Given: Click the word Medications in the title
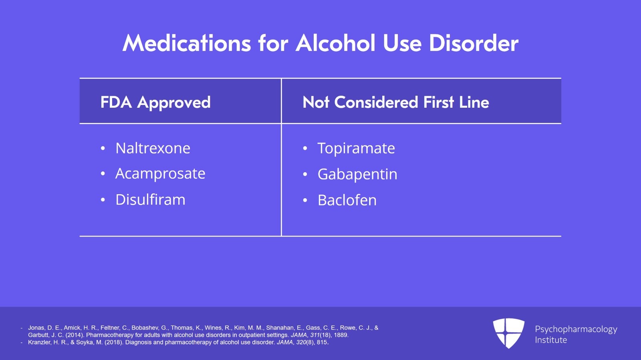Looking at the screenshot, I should [x=187, y=43].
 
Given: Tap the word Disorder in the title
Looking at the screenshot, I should [x=474, y=43].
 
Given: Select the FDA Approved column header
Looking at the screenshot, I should [x=155, y=103].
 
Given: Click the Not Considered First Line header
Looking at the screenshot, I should [x=396, y=103].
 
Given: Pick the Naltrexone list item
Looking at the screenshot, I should [x=153, y=148].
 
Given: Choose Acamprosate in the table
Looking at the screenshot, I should [x=160, y=174].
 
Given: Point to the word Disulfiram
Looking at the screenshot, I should [x=150, y=199].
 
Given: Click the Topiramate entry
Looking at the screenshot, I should [x=356, y=149].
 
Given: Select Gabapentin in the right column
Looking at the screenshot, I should [x=357, y=175].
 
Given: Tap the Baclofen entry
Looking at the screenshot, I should [x=347, y=200].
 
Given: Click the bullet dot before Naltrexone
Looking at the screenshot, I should [x=103, y=149].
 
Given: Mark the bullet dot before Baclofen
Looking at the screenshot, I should [x=305, y=200].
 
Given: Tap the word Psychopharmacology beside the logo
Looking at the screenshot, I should [x=576, y=329].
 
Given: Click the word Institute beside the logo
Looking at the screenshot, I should [x=551, y=340].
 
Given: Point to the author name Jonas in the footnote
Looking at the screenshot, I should [x=36, y=328].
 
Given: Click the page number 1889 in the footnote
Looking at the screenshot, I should [x=341, y=335].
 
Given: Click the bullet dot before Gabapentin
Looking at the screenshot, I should [x=305, y=175].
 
